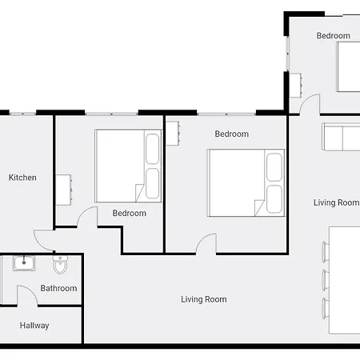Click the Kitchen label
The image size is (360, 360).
22,178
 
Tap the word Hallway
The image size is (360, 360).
34,326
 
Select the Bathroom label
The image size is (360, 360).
58,288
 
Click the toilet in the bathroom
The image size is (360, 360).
61,265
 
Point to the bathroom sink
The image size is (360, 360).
24,263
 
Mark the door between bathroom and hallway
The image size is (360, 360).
27,295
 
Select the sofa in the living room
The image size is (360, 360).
341,137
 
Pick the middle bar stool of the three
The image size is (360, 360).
326,280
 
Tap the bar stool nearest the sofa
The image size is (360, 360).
326,252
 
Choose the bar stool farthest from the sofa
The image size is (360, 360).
326,308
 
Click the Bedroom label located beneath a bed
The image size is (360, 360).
130,214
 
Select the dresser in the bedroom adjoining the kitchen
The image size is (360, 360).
64,190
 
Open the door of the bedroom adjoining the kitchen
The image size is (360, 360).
87,218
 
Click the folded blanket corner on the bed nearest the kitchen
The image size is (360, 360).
139,193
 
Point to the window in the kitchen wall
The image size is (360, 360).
22,114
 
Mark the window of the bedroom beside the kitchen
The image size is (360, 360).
111,114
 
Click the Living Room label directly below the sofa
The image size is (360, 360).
337,202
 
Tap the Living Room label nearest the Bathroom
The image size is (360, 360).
204,299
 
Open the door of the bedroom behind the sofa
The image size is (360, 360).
310,104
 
